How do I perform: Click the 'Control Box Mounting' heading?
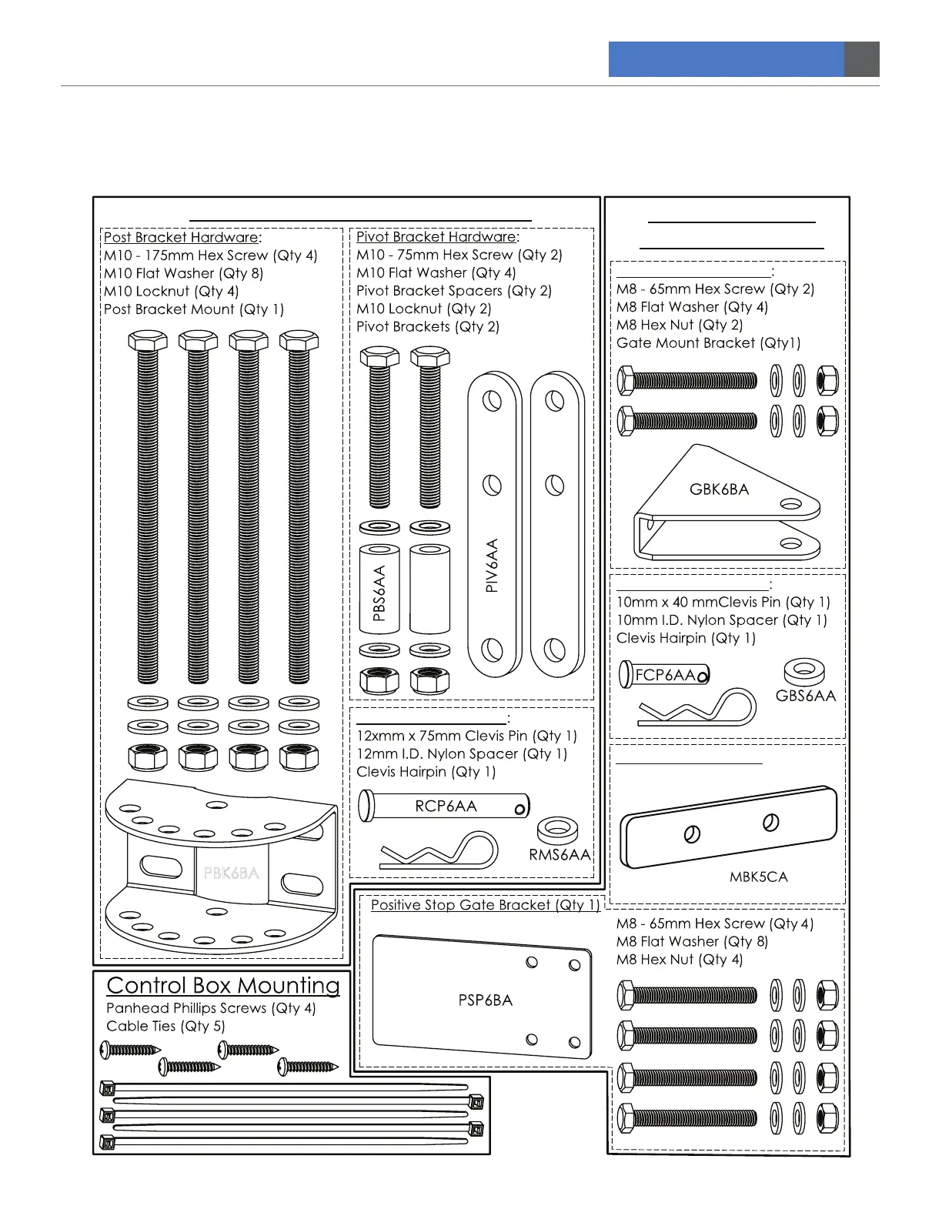[x=223, y=986]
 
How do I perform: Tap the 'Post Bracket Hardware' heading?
[x=182, y=238]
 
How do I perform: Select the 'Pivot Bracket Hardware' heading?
[x=436, y=237]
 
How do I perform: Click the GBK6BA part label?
[x=719, y=489]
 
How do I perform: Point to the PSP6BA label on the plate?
[x=485, y=1000]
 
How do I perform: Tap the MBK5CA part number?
[x=758, y=877]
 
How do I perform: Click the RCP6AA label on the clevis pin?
[x=446, y=807]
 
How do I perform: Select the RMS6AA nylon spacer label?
[x=560, y=855]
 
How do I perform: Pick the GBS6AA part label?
[x=805, y=696]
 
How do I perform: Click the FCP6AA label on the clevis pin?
[x=665, y=676]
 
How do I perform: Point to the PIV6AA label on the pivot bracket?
[x=493, y=565]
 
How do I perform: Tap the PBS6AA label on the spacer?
[x=379, y=593]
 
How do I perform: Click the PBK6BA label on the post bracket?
[x=231, y=873]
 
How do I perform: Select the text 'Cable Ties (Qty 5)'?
[x=165, y=1027]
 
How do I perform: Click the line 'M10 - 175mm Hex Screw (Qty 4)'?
[x=210, y=255]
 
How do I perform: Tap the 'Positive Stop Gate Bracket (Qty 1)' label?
[x=485, y=905]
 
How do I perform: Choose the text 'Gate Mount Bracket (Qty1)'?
[x=708, y=343]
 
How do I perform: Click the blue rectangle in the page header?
[x=726, y=59]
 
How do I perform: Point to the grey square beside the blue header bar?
[x=862, y=59]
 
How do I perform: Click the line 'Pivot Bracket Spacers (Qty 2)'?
[x=453, y=291]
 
